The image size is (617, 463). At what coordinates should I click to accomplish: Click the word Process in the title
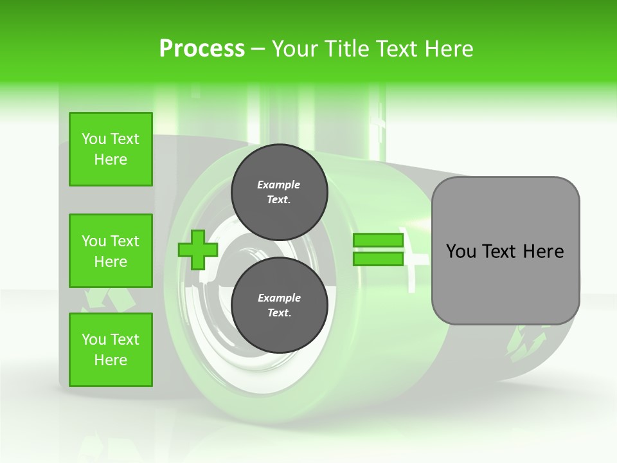coord(202,49)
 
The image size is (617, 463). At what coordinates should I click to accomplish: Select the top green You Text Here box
coord(111,149)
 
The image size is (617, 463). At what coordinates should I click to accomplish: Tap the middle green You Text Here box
coord(111,251)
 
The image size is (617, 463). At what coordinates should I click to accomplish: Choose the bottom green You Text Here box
coord(111,350)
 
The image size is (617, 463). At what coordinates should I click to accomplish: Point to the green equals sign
coord(378,250)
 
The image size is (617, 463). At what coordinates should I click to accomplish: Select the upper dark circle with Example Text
coord(279,192)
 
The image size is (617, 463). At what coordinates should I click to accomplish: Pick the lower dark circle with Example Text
coord(279,305)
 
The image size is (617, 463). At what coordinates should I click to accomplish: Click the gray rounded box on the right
coord(505,251)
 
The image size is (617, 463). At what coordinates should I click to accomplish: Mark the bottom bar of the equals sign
coord(378,259)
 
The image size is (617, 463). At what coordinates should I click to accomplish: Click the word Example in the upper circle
coord(279,185)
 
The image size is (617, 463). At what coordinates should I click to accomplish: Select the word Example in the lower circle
coord(279,298)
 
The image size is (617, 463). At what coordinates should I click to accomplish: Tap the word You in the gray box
coord(461,251)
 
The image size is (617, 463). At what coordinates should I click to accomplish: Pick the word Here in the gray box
coord(544,251)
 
